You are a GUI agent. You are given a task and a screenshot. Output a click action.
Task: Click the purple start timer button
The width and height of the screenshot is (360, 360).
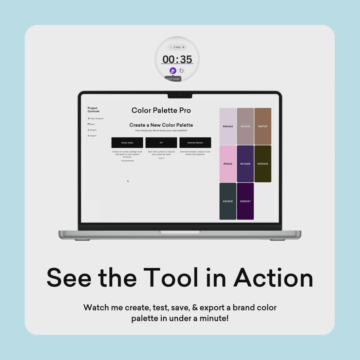tap(173, 71)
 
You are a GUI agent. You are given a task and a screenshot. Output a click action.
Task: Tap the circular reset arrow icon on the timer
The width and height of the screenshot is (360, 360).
tap(181, 71)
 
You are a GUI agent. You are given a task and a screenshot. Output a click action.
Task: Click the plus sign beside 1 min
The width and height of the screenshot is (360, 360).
tap(183, 47)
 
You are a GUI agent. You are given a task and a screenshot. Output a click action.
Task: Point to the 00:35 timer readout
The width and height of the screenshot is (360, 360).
tap(177, 59)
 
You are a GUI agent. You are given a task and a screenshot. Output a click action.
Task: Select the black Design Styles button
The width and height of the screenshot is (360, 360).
tap(127, 143)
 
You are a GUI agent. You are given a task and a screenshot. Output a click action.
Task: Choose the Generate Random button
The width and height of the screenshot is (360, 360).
tap(195, 143)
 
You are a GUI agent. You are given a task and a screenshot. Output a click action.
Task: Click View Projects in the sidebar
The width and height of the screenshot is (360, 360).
tap(96, 118)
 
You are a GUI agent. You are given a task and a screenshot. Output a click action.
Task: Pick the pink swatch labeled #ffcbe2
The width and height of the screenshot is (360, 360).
tap(228, 164)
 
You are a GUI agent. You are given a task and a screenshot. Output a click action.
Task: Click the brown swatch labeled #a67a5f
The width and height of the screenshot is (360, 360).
tap(263, 126)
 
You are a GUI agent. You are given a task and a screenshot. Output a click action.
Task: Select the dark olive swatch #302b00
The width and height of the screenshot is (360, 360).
tap(263, 164)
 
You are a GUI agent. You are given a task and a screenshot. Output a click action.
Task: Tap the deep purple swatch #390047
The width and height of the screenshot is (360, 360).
tap(245, 201)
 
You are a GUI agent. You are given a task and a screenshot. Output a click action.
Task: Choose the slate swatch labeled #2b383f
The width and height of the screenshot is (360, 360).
tap(228, 201)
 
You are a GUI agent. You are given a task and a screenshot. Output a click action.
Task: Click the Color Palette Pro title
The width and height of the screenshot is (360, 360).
tap(161, 110)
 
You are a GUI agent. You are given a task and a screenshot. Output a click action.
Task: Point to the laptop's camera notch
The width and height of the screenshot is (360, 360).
tap(180, 96)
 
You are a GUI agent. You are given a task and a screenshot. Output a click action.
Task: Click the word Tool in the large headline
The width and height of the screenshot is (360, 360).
tap(171, 278)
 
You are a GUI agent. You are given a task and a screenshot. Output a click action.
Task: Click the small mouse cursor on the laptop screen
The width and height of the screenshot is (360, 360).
tap(128, 181)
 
